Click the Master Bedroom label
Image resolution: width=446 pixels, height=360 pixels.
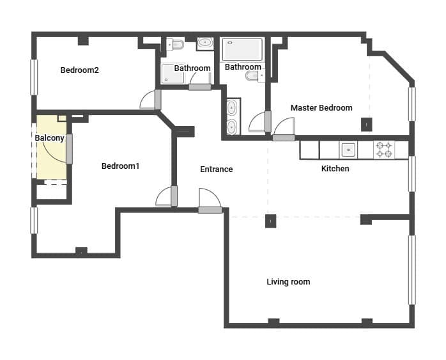(x=321, y=107)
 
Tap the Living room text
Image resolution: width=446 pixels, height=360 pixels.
(x=288, y=281)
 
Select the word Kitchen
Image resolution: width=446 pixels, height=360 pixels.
(x=335, y=169)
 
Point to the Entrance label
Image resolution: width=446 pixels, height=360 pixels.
(x=216, y=169)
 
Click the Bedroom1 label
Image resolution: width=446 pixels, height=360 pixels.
(x=120, y=166)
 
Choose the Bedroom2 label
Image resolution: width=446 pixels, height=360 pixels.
(x=79, y=70)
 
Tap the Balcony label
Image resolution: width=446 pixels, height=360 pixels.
(x=48, y=138)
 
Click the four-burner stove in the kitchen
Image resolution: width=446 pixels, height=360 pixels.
(x=384, y=150)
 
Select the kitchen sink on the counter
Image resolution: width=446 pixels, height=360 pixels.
(x=348, y=150)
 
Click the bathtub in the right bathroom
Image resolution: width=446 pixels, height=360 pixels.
(x=242, y=49)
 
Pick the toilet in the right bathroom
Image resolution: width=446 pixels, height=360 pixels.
(x=254, y=76)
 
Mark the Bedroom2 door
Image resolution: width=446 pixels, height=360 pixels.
(x=151, y=99)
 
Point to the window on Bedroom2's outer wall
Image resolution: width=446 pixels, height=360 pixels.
(x=33, y=77)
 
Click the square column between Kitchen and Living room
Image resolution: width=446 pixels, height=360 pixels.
(x=270, y=221)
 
